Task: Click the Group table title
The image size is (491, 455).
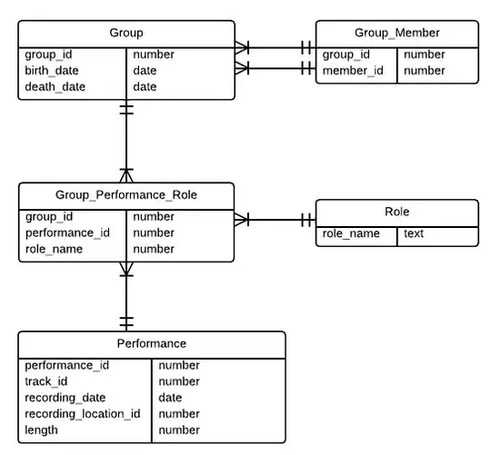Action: click(125, 33)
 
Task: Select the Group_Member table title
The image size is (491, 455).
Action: click(396, 33)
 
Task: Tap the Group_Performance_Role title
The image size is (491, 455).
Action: click(125, 194)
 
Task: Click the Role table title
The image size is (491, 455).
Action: click(396, 212)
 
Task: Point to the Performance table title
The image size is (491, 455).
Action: click(152, 343)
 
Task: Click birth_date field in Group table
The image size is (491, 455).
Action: click(53, 71)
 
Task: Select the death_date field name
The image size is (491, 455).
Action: click(55, 87)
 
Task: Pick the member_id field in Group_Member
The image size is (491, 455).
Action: click(350, 71)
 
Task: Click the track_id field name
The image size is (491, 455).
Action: click(46, 381)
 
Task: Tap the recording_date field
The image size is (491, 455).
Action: click(65, 398)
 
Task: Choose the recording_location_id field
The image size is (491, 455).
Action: click(83, 414)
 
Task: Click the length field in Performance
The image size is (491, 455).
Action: click(42, 430)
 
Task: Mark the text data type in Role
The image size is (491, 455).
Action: click(414, 233)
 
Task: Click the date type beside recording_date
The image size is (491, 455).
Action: click(170, 398)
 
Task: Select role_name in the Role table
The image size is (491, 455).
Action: click(351, 233)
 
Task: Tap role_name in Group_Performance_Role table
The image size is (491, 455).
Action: click(54, 249)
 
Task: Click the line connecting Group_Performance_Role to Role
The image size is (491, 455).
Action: click(273, 220)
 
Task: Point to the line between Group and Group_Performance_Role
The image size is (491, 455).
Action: click(126, 141)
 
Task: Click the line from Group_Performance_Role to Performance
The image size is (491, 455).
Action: click(126, 295)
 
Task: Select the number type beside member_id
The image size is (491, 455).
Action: click(424, 71)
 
